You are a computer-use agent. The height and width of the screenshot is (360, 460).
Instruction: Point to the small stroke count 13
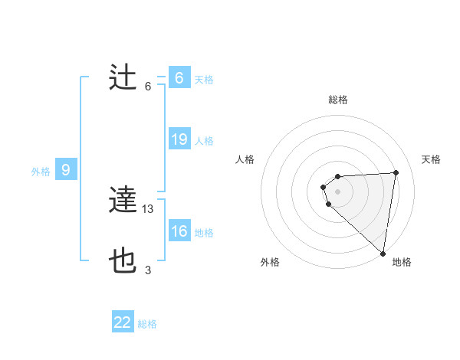149,208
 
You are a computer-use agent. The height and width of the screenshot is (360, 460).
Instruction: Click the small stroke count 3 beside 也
148,270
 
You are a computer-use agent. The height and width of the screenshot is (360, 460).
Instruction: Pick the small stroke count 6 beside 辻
148,86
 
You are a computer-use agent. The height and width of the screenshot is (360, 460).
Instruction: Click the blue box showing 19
179,139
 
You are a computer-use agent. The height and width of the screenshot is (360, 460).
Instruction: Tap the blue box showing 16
179,231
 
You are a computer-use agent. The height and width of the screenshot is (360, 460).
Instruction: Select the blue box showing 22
123,322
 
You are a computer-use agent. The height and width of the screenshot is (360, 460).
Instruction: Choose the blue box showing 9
66,170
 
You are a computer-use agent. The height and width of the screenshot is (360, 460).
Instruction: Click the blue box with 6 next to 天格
179,78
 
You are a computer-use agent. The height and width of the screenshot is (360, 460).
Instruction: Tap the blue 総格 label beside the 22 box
147,324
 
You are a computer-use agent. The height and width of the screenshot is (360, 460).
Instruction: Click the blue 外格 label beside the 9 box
41,172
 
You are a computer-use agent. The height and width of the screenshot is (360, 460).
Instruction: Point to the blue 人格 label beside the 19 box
204,141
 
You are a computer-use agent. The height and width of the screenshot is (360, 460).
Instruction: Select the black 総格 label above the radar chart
338,100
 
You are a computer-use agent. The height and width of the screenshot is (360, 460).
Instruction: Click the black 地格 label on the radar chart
402,262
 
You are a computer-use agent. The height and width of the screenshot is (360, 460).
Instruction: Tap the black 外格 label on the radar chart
270,262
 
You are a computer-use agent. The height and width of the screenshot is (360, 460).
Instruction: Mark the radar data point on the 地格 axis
383,254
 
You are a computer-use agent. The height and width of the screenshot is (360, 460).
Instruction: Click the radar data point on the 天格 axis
396,172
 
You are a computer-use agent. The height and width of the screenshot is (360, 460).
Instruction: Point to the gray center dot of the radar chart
337,191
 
